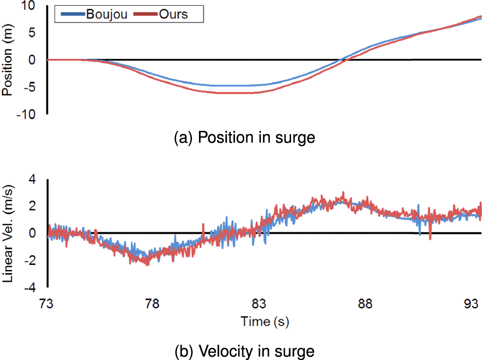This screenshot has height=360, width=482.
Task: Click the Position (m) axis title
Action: (8, 60)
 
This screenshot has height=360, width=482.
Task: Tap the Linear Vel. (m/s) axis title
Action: (8, 233)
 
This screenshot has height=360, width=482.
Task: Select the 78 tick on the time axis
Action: (153, 304)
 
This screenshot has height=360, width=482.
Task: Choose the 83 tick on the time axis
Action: (260, 304)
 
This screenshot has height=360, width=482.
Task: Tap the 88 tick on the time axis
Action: (366, 304)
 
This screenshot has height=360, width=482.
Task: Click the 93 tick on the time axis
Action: (472, 304)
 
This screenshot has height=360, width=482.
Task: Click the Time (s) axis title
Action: (265, 322)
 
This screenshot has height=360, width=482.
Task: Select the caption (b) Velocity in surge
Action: (244, 351)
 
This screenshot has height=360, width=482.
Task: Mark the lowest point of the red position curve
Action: (236, 93)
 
